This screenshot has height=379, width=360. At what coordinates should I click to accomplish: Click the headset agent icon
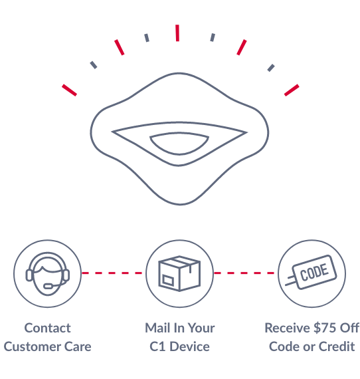coord(48,274)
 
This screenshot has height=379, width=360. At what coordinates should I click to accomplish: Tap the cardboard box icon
coord(179,273)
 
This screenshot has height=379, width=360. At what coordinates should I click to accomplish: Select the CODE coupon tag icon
coord(311,272)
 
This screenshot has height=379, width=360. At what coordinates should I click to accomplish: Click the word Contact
coord(48,328)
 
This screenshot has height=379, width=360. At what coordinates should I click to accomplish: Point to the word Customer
coord(32,346)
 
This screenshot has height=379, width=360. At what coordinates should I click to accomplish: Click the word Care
coord(78,346)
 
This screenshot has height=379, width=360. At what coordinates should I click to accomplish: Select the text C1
coord(157,346)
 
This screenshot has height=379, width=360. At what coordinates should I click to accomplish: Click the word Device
coord(189,346)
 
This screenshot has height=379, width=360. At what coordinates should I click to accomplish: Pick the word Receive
coord(287,328)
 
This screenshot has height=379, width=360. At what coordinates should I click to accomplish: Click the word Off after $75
coord(349,328)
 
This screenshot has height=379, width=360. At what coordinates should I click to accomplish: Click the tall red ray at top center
coord(177,33)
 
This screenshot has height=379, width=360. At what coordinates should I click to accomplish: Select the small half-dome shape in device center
coord(179,143)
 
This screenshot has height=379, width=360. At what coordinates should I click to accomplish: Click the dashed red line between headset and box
coord(112,273)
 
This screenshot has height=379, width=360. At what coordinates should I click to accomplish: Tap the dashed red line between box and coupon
coord(244,273)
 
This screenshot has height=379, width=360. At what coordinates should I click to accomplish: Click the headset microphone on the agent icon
coord(48,287)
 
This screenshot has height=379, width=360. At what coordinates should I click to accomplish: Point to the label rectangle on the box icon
coord(168,280)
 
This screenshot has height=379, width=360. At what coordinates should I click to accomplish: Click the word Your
coord(201,328)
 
